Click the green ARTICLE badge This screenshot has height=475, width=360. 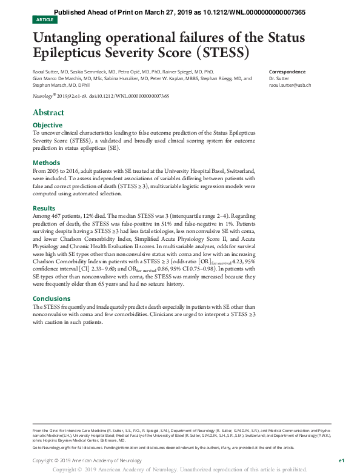[44, 20]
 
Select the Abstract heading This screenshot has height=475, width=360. [48, 113]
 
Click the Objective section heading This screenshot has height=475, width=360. [47, 125]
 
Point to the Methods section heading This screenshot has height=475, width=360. [46, 163]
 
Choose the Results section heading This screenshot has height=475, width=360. [44, 207]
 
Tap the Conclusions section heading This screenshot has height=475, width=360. [52, 298]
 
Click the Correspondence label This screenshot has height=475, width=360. [287, 72]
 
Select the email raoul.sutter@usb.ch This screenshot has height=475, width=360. [290, 85]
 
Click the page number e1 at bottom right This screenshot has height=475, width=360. [341, 461]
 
